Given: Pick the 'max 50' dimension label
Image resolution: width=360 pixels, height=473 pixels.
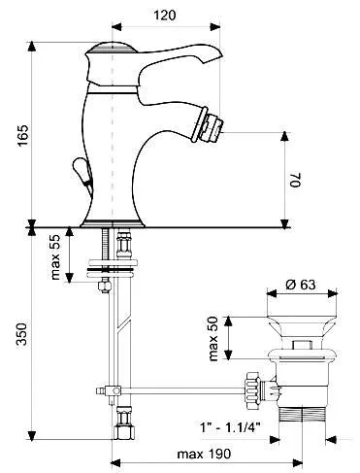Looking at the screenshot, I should (217, 336).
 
